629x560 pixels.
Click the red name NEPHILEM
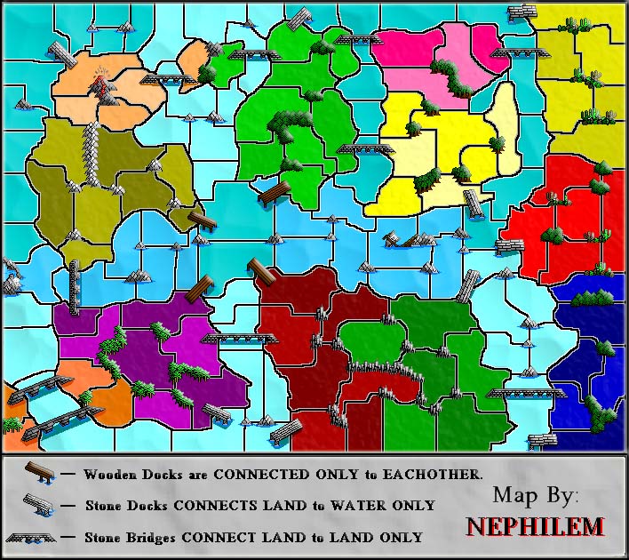(536, 526)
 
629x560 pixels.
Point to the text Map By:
(536, 494)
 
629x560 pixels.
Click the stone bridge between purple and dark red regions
(229, 339)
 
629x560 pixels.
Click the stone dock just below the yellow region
(475, 204)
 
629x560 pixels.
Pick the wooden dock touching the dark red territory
(261, 272)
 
